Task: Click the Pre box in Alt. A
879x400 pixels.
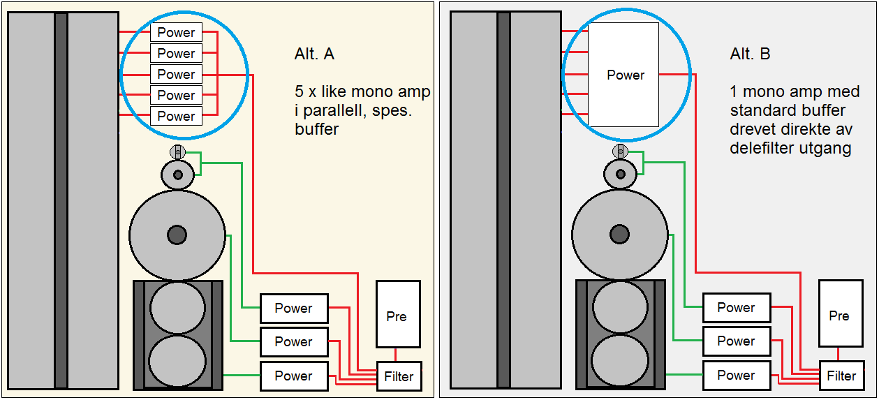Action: pyautogui.click(x=398, y=314)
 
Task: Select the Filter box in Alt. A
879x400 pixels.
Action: pyautogui.click(x=399, y=376)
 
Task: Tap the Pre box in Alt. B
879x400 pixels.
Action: pyautogui.click(x=840, y=314)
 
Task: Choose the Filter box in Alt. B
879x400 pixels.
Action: pyautogui.click(x=841, y=376)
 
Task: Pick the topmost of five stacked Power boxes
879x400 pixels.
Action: pyautogui.click(x=176, y=32)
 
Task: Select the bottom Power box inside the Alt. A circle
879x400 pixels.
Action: pyautogui.click(x=176, y=116)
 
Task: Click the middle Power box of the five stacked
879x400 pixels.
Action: pyautogui.click(x=176, y=74)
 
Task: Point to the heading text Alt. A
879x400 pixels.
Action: pyautogui.click(x=314, y=54)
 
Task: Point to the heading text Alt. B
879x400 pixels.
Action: pyautogui.click(x=751, y=54)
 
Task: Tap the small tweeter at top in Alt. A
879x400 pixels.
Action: pyautogui.click(x=177, y=151)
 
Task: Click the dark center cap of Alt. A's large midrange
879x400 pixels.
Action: pyautogui.click(x=177, y=235)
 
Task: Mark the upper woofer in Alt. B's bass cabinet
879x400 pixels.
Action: pyautogui.click(x=619, y=307)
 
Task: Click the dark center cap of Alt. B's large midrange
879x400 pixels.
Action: pyautogui.click(x=619, y=234)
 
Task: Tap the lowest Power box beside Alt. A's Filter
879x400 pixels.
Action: pyautogui.click(x=294, y=376)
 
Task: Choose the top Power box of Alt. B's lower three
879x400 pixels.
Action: pyautogui.click(x=736, y=308)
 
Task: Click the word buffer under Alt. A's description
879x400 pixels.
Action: pyautogui.click(x=316, y=129)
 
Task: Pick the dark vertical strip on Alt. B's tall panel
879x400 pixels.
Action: pyautogui.click(x=503, y=200)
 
